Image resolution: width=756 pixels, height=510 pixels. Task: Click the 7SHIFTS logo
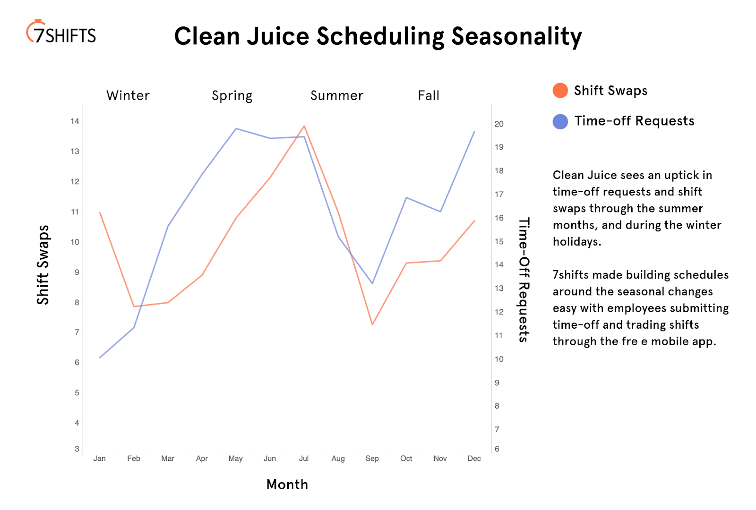point(61,33)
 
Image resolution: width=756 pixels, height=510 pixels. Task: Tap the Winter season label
point(128,96)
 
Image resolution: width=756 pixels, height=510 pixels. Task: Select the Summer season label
point(337,96)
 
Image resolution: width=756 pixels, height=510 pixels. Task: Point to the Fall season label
point(429,96)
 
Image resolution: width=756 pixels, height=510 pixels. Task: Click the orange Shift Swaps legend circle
point(560,91)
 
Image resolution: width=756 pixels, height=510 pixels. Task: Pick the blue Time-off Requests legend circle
point(560,121)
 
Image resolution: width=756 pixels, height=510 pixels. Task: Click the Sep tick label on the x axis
point(372,459)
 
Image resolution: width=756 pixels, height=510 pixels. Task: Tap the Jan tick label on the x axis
point(100,459)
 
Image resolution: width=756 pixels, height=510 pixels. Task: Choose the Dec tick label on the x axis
point(474,459)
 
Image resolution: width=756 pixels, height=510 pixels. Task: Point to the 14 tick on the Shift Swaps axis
point(75,121)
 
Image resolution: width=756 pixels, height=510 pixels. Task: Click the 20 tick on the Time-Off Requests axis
point(499,124)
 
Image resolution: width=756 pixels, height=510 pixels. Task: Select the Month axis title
point(287,484)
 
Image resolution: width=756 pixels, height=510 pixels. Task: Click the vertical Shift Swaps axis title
point(43,265)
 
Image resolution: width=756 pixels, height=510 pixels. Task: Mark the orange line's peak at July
point(304,126)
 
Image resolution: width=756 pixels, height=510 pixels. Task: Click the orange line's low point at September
point(372,324)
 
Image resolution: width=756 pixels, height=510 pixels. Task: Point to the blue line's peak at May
point(236,128)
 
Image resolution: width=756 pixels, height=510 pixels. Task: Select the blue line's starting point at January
point(100,358)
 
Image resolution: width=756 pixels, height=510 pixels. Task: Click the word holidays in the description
point(576,242)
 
